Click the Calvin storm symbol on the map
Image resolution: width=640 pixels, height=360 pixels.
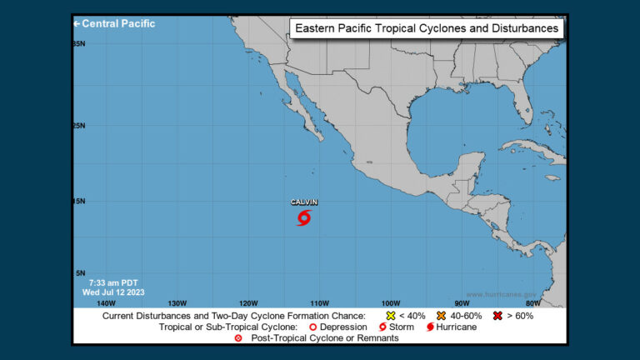pyautogui.click(x=304, y=217)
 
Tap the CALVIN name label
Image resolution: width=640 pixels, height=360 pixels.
pyautogui.click(x=304, y=202)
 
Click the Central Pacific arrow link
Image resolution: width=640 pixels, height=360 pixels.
pyautogui.click(x=115, y=23)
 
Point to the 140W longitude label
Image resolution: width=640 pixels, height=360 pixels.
pyautogui.click(x=106, y=302)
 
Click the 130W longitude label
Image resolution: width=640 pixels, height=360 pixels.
pyautogui.click(x=177, y=302)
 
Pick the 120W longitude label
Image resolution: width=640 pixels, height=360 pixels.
pyautogui.click(x=247, y=302)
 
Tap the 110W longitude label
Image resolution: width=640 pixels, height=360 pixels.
pyautogui.click(x=319, y=302)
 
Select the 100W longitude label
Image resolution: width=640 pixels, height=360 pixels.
pyautogui.click(x=390, y=302)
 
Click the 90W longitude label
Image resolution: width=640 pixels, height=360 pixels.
pyautogui.click(x=462, y=302)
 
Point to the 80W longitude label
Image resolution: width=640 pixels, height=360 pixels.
pyautogui.click(x=533, y=302)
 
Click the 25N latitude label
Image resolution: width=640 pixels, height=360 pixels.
pyautogui.click(x=79, y=126)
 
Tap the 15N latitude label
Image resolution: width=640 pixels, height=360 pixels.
pyautogui.click(x=79, y=201)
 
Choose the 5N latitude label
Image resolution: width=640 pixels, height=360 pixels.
pyautogui.click(x=81, y=273)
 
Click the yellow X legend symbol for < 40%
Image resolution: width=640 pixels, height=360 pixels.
pyautogui.click(x=390, y=316)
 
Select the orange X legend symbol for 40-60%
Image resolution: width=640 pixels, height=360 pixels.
pyautogui.click(x=441, y=316)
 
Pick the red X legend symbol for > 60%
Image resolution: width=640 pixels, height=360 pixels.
pyautogui.click(x=498, y=316)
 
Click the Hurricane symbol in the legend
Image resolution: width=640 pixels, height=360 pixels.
pyautogui.click(x=430, y=327)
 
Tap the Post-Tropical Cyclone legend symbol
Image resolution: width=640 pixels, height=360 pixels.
pyautogui.click(x=238, y=338)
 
